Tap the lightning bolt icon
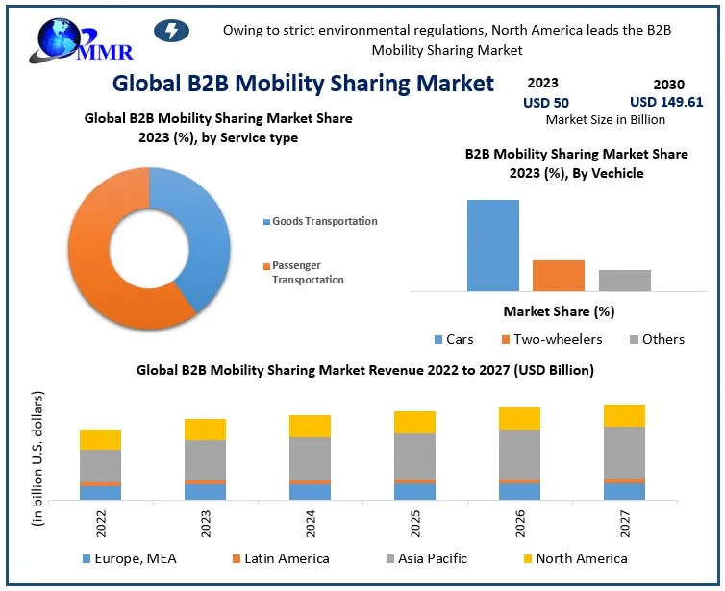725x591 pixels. [x=171, y=31]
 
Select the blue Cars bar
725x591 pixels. [x=492, y=245]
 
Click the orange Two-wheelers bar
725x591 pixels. [x=558, y=275]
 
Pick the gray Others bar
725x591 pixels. [x=624, y=280]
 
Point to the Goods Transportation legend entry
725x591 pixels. [x=324, y=221]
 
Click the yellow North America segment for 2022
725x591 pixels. [x=100, y=439]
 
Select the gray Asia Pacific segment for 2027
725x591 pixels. [x=624, y=452]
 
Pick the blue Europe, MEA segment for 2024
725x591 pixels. [x=310, y=492]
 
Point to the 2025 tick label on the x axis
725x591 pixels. [x=413, y=524]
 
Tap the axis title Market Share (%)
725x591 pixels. [x=559, y=311]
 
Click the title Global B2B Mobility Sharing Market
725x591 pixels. [x=303, y=83]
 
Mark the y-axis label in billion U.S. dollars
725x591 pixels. [x=38, y=458]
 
